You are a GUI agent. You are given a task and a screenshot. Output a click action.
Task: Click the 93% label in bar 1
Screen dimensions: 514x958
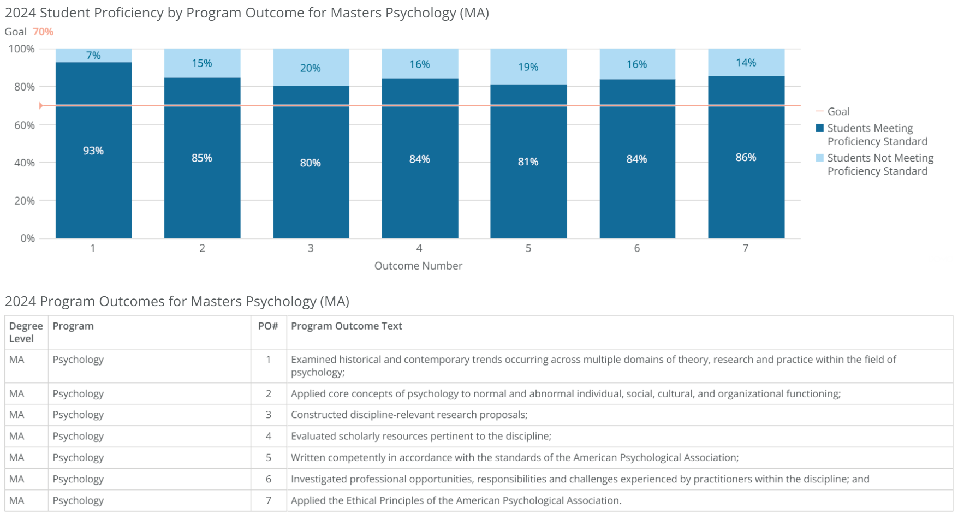point(93,151)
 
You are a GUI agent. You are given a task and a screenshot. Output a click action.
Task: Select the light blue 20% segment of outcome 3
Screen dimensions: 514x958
point(311,68)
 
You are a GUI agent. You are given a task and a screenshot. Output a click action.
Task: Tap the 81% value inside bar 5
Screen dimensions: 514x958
point(528,162)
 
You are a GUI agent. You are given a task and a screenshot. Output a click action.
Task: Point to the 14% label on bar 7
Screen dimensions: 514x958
point(746,63)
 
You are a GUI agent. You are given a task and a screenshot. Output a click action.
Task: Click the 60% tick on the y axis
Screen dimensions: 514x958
point(24,125)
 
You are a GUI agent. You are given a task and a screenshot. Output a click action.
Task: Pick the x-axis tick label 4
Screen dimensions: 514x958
point(419,248)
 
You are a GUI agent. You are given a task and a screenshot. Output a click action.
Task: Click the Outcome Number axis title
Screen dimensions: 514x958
point(418,266)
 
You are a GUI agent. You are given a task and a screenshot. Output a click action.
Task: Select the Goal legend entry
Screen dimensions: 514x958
point(838,111)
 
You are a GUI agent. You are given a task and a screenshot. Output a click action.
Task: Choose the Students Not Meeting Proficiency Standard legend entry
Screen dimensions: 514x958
point(879,164)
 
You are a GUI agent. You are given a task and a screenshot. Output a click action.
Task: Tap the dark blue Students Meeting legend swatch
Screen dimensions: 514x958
point(819,128)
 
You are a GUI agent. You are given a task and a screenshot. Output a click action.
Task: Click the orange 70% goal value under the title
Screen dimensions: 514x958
point(43,32)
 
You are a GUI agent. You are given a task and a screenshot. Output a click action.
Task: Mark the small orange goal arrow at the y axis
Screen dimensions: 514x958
point(41,105)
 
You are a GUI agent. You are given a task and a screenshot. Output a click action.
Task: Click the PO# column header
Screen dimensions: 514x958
point(268,326)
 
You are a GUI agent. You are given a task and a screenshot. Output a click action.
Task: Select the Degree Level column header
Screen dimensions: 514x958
point(26,332)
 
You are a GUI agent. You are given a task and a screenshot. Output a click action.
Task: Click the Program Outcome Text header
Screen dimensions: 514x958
point(346,326)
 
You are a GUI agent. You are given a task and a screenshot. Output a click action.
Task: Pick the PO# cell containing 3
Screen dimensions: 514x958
point(268,415)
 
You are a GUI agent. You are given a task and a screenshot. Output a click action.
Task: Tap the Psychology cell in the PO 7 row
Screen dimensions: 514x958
point(78,500)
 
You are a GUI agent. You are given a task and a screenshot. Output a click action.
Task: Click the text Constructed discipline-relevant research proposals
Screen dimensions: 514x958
point(409,415)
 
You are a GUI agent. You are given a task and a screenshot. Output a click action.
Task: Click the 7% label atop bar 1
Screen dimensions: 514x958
point(93,55)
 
